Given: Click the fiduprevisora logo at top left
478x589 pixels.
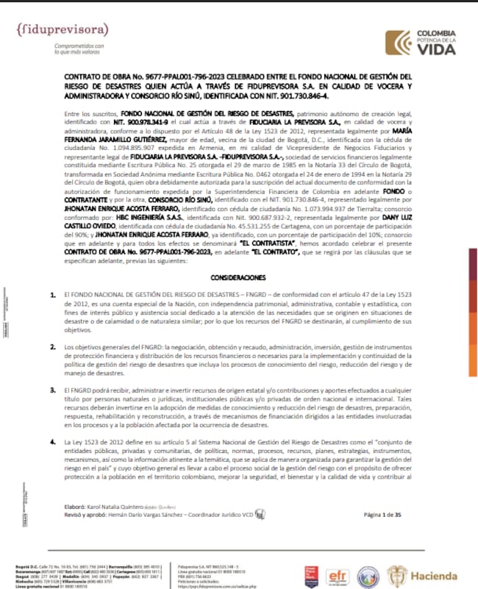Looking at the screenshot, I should coord(62,30).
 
